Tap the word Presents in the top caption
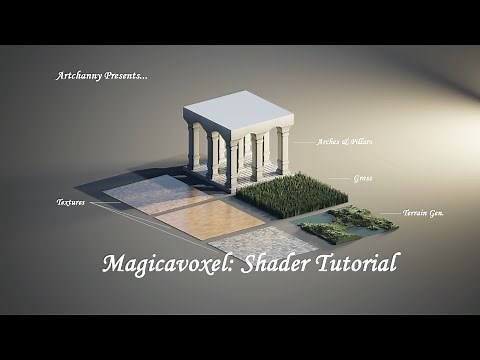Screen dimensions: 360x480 tap(126, 75)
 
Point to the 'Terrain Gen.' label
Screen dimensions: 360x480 tap(423, 213)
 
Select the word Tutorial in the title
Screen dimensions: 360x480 tap(361, 263)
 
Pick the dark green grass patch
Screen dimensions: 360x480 tap(291, 193)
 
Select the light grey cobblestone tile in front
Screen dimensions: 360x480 tap(261, 243)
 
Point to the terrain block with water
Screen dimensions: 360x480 tap(346, 224)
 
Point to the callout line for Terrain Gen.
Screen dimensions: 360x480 tap(384, 213)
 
